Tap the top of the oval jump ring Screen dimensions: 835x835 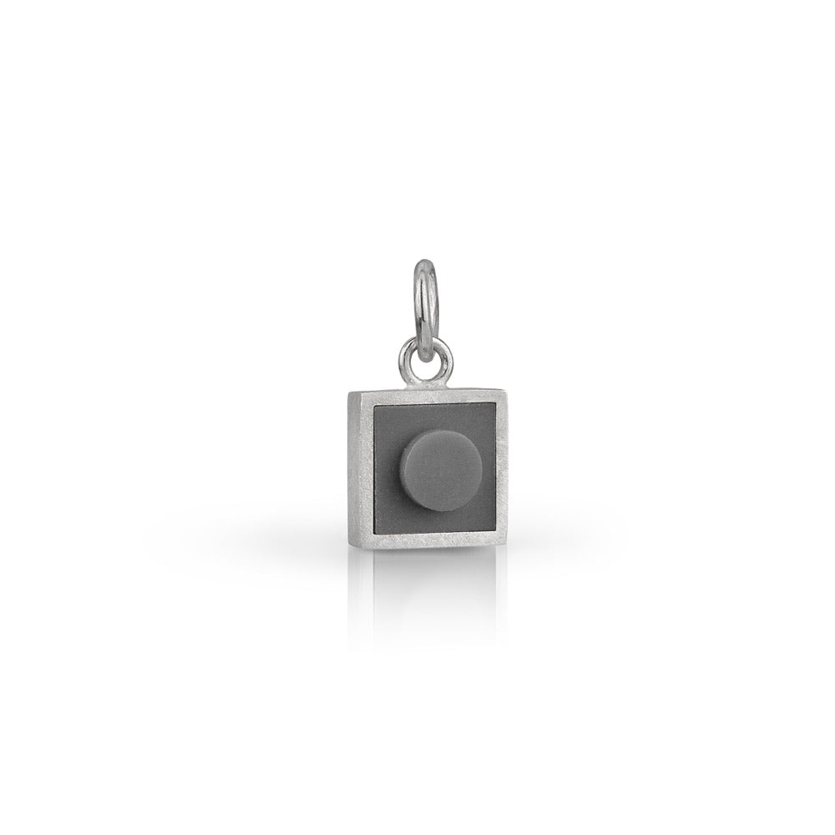pos(427,265)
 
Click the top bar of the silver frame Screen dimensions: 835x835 pos(426,396)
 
